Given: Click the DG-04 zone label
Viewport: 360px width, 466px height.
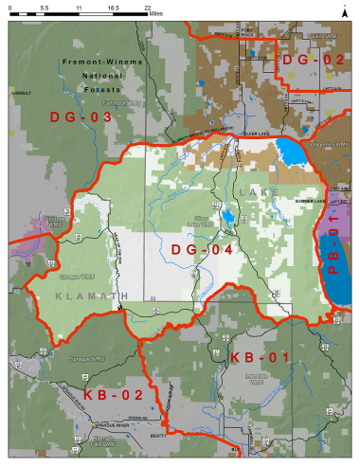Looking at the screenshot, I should click(201, 249).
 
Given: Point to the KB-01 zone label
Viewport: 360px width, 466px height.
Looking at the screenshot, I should click(261, 357).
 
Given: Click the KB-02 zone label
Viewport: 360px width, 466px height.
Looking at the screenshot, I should click(112, 394).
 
